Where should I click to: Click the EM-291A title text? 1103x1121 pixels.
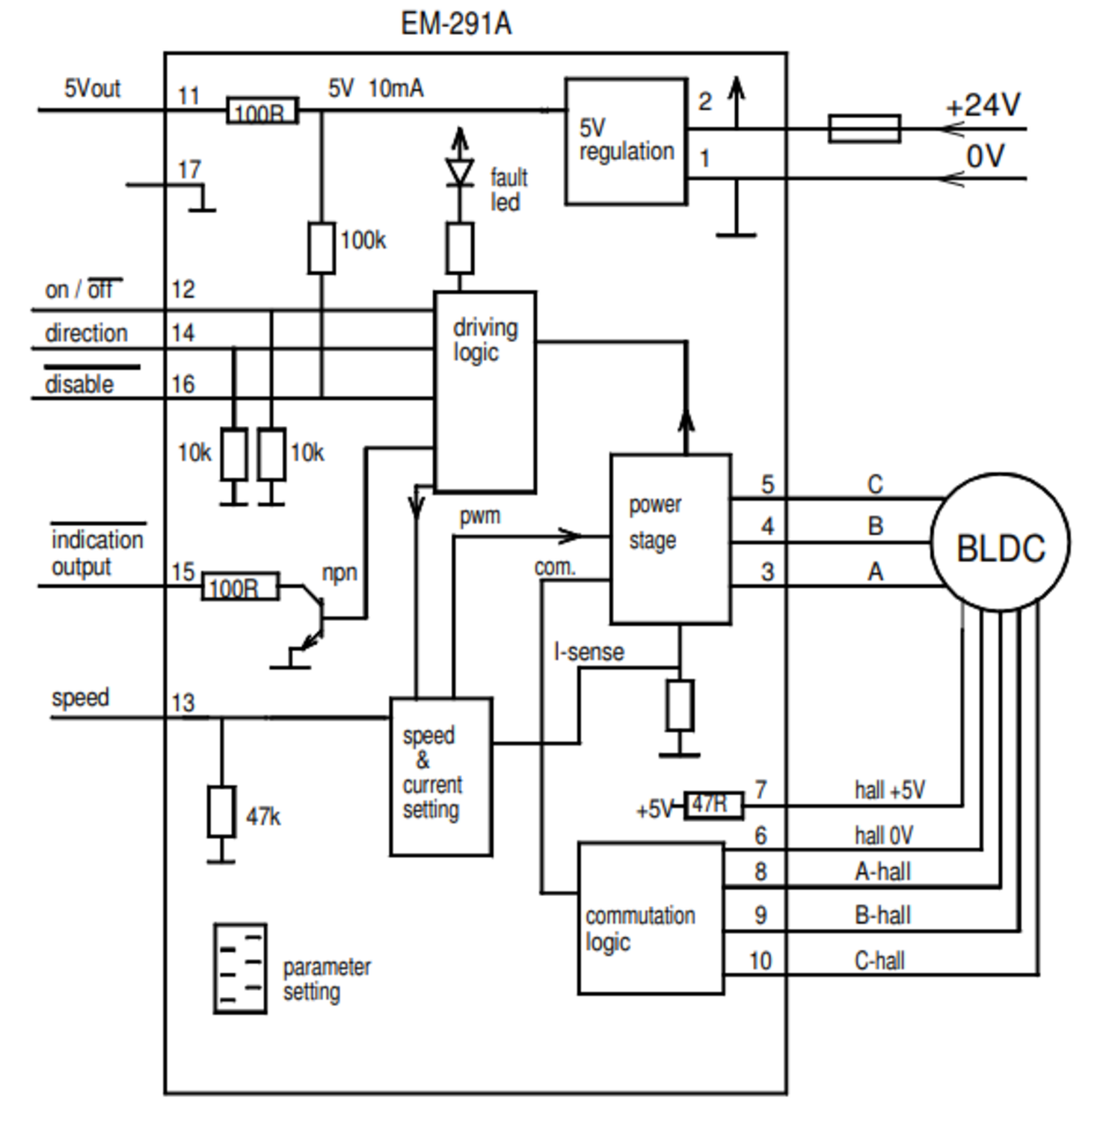(455, 24)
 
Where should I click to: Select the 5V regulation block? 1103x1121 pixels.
(626, 141)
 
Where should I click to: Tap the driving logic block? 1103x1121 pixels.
(485, 392)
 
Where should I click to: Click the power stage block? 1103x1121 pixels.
(670, 538)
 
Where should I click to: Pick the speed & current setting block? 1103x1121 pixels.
(440, 776)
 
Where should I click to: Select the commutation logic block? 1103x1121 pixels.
(651, 918)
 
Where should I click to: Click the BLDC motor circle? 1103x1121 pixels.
(1000, 543)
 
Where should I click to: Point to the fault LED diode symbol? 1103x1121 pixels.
(459, 171)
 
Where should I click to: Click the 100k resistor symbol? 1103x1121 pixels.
(322, 247)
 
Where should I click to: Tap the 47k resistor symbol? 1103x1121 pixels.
(221, 812)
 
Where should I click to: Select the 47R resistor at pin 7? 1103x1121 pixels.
(713, 806)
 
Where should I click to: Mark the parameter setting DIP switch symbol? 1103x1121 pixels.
(240, 968)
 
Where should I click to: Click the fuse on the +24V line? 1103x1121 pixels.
(864, 129)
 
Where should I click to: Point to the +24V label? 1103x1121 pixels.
(983, 105)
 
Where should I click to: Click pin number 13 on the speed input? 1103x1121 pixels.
(183, 702)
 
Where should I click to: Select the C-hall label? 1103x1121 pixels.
(879, 960)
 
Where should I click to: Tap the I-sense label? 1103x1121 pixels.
(589, 652)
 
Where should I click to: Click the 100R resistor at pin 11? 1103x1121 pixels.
(262, 111)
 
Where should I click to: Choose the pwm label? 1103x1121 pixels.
(479, 516)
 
